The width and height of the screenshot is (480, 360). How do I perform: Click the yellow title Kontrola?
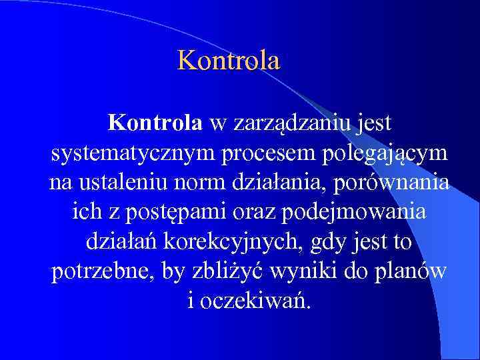[229, 61]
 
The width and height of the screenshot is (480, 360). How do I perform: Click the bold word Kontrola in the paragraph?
[155, 123]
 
